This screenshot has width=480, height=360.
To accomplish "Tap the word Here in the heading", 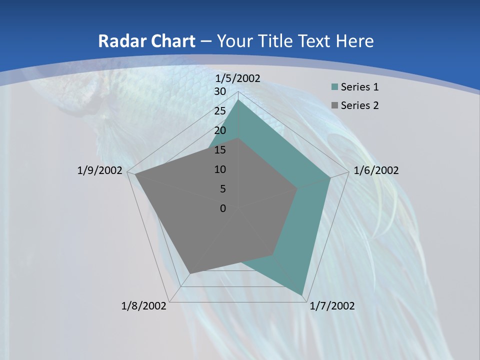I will (x=354, y=41).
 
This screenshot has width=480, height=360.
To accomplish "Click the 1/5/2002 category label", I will (x=238, y=78).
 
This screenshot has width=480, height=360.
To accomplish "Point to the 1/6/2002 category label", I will (x=376, y=170).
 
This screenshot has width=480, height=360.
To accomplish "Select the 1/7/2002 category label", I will (x=332, y=306).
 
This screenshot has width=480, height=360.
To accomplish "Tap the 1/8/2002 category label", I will (x=144, y=306).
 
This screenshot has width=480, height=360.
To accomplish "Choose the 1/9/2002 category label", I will (x=100, y=170).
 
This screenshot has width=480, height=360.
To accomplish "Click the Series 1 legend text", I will (x=359, y=87).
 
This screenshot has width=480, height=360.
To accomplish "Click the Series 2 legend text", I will (x=359, y=105).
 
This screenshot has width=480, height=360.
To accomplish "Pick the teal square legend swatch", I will (x=334, y=87).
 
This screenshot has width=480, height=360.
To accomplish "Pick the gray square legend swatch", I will (x=334, y=105).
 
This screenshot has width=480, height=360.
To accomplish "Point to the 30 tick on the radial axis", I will (x=220, y=91).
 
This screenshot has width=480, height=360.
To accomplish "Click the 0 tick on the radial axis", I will (x=223, y=208).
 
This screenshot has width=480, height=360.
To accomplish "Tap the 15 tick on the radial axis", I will (x=220, y=150).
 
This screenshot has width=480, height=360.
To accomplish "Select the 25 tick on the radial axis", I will (x=220, y=111).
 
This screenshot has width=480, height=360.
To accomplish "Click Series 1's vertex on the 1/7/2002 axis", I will (x=302, y=294).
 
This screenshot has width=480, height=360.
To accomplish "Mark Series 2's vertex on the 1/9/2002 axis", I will (x=135, y=174).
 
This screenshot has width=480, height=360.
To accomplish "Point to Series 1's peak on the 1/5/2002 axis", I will (x=238, y=99).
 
